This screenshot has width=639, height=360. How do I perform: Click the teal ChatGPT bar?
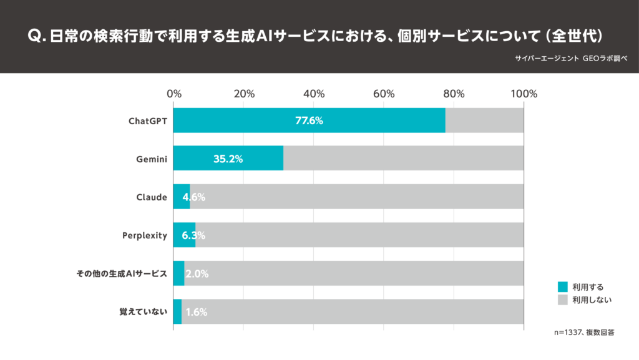pyautogui.click(x=309, y=120)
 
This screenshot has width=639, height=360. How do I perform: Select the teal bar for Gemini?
pyautogui.click(x=228, y=158)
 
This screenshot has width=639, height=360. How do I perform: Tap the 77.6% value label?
pyautogui.click(x=309, y=120)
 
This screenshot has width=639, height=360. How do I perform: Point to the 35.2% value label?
pyautogui.click(x=228, y=159)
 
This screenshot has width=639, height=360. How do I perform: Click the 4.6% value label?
pyautogui.click(x=193, y=197)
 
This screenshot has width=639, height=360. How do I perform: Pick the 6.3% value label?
pyautogui.click(x=193, y=236)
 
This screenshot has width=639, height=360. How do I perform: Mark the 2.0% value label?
pyautogui.click(x=197, y=274)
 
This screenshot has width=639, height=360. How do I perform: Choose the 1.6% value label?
pyautogui.click(x=196, y=312)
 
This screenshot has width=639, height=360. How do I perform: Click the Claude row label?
pyautogui.click(x=152, y=197)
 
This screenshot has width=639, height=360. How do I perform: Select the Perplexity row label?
pyautogui.click(x=145, y=236)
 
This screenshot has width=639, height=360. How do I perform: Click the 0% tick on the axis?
pyautogui.click(x=174, y=94)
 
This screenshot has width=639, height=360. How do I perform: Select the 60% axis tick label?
pyautogui.click(x=384, y=94)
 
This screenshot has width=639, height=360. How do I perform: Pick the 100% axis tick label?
pyautogui.click(x=524, y=94)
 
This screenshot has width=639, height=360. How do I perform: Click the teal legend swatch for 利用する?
pyautogui.click(x=562, y=287)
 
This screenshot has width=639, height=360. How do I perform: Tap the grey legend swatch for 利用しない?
pyautogui.click(x=562, y=300)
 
